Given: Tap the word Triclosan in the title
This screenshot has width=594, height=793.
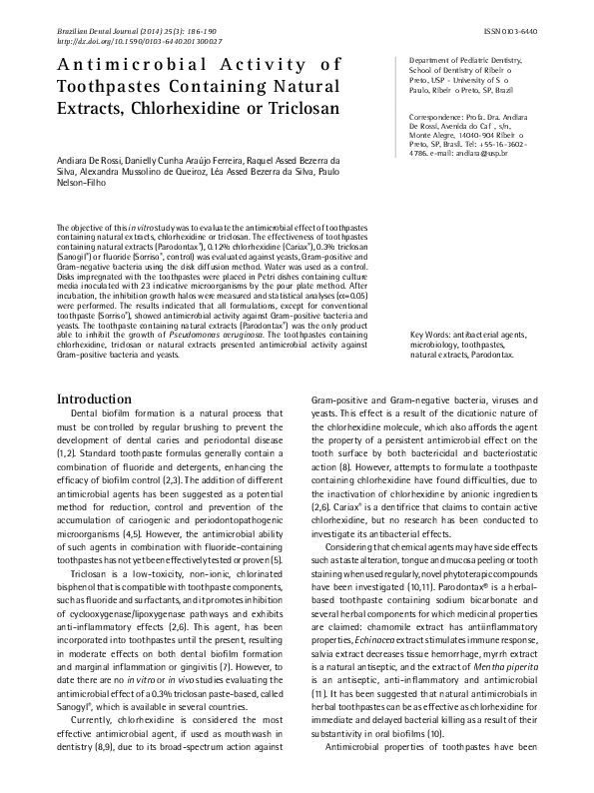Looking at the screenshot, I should pyautogui.click(x=301, y=104).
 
